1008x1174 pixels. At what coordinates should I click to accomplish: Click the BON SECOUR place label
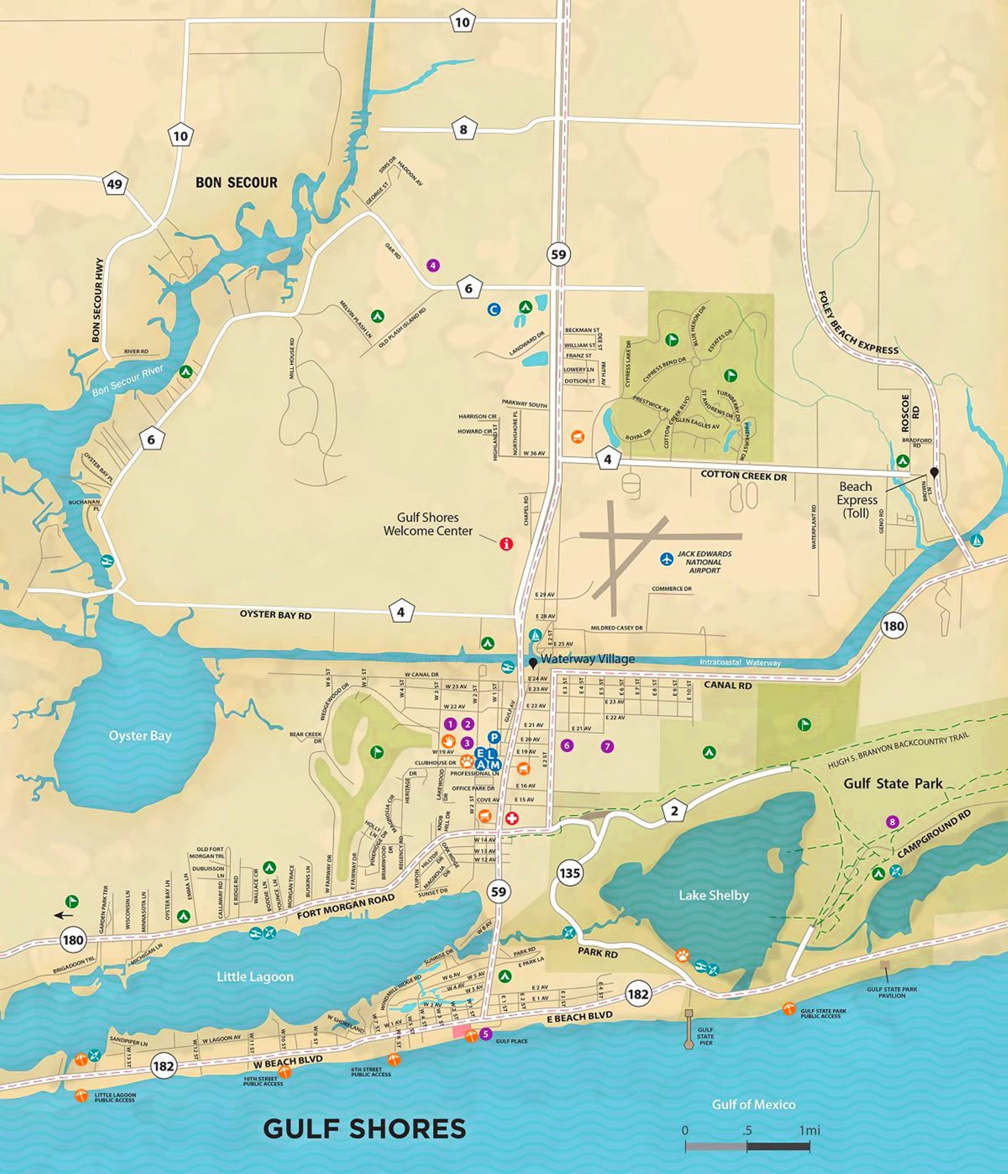236,182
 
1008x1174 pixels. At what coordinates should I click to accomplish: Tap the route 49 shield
115,184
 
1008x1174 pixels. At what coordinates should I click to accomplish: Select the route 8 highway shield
464,130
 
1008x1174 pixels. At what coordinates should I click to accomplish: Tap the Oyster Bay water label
140,735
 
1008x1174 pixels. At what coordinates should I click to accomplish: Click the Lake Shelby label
713,895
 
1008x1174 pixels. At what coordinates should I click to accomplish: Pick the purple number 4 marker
433,265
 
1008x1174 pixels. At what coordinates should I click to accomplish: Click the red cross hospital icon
512,819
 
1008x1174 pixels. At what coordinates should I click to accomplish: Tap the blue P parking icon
494,737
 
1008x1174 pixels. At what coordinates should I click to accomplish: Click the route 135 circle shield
569,873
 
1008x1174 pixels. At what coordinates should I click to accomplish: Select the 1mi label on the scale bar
809,1130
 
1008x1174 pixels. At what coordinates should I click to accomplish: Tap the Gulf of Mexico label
753,1104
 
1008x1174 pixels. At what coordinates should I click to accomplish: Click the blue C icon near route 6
494,309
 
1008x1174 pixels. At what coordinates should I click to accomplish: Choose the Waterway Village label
587,659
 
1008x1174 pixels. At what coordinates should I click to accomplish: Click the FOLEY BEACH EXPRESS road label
858,323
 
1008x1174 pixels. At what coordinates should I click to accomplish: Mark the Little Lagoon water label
255,977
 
